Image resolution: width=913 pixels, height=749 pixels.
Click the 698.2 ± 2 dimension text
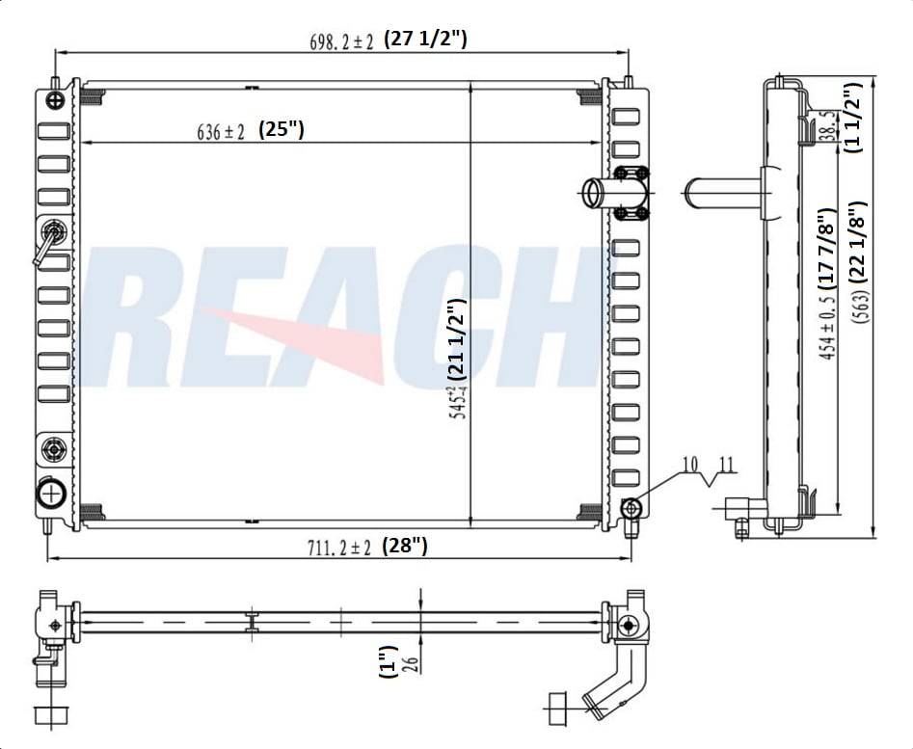(x=340, y=41)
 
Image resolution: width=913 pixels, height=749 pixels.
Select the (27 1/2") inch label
(x=425, y=40)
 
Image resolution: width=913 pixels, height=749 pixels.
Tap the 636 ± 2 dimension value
(x=221, y=133)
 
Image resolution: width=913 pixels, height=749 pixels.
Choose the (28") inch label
(x=405, y=546)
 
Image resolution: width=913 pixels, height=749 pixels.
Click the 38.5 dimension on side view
(x=827, y=125)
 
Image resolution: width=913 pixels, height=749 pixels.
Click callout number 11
(x=726, y=465)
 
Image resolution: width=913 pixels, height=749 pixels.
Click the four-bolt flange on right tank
(x=631, y=193)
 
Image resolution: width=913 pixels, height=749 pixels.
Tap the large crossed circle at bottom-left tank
(x=50, y=493)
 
